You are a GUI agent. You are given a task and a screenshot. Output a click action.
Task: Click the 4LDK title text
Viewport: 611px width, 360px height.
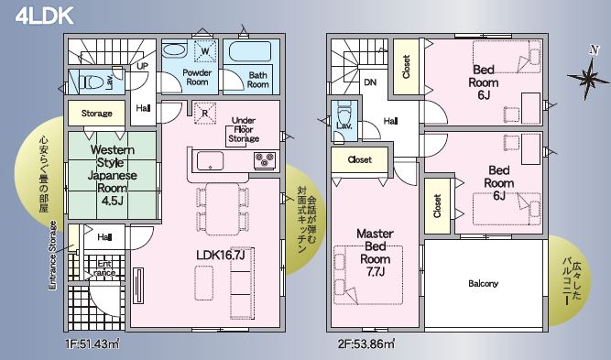[44, 16]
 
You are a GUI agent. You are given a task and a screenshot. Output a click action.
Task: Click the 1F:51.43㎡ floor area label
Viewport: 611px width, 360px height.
[92, 344]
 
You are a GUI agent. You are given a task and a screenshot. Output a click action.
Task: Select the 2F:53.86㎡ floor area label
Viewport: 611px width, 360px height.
[366, 344]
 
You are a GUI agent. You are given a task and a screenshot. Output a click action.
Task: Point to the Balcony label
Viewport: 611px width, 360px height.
[483, 284]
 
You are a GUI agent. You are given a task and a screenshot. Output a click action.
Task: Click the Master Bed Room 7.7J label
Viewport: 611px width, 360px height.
[376, 253]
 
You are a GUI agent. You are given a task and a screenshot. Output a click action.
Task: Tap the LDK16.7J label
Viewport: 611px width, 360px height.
[221, 256]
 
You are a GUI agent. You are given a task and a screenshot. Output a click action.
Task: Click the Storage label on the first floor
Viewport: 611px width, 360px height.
[96, 114]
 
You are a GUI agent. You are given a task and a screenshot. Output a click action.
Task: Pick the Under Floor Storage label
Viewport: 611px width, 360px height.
[244, 129]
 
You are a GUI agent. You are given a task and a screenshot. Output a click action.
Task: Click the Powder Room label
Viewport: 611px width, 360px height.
[197, 77]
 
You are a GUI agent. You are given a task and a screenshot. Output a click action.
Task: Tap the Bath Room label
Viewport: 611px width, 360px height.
[258, 80]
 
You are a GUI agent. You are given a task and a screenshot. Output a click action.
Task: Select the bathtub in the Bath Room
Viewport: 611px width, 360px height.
[249, 52]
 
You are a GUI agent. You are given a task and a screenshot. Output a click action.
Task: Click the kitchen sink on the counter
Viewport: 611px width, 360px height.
[211, 161]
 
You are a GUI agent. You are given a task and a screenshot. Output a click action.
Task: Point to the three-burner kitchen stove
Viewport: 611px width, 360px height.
[265, 160]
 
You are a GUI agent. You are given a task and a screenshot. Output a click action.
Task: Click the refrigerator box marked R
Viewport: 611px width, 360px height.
[205, 114]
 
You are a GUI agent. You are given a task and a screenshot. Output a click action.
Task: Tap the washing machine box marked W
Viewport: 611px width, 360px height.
[205, 50]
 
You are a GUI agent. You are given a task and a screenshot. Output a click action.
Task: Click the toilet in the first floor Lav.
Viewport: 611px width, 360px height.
[92, 82]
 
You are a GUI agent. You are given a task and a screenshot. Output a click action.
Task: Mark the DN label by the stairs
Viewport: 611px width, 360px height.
[370, 82]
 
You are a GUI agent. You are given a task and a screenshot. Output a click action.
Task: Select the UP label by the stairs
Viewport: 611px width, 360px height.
[142, 66]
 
